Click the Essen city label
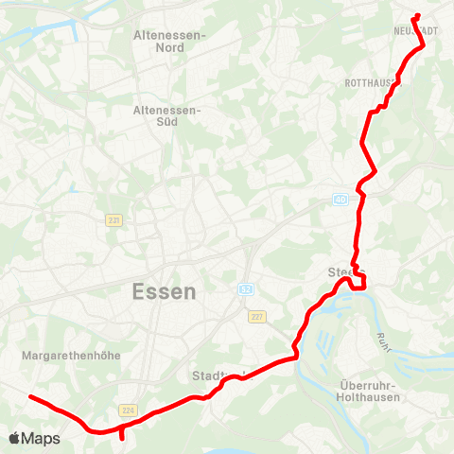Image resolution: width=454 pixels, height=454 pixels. pos(165,291)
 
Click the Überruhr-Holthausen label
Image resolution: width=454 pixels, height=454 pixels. pos(370,392)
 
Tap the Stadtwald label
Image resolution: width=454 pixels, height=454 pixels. pos(217,375)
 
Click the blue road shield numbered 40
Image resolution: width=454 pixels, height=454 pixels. pos(340,200)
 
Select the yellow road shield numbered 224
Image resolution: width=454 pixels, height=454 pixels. pos(127,410)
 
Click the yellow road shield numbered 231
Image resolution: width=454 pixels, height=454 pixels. pos(113,218)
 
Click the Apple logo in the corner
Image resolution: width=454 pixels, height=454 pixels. pos(15,439)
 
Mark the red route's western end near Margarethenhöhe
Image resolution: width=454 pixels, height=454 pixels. pos(31,397)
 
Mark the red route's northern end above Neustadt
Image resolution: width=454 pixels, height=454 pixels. pos(416,15)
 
